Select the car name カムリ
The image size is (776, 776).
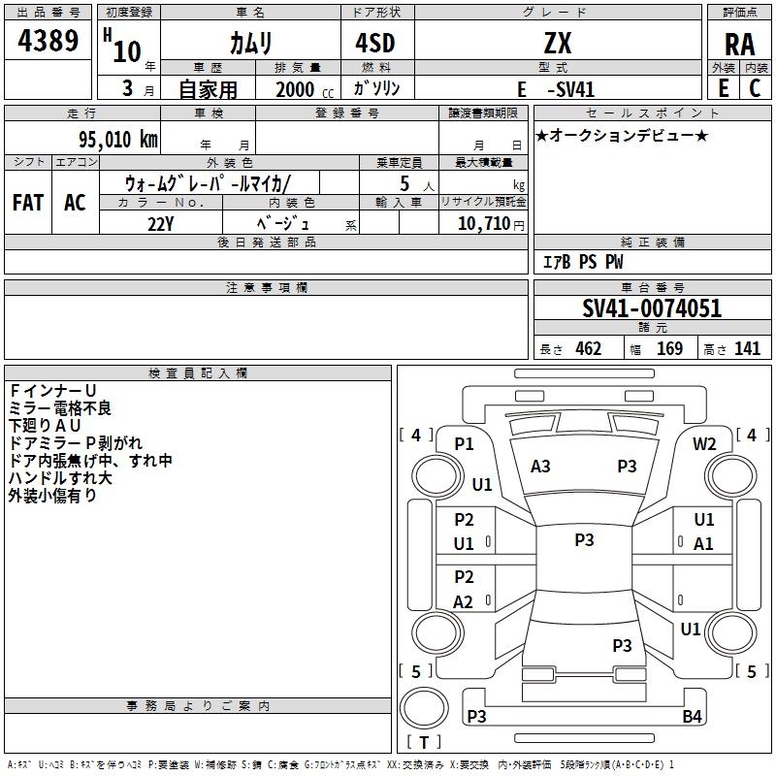[250, 43]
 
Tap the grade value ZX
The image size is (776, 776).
[557, 43]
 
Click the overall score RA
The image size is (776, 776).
[739, 44]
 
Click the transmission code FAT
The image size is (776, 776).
[27, 202]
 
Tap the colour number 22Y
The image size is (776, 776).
[160, 223]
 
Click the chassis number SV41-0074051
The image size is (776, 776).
[652, 309]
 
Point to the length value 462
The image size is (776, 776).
[588, 349]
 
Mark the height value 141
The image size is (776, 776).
[747, 349]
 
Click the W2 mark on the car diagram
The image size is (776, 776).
[704, 443]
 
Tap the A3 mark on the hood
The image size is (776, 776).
[540, 467]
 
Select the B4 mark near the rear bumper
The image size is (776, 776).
[692, 717]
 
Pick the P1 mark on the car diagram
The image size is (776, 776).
[464, 443]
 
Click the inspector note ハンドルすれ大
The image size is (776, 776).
[60, 478]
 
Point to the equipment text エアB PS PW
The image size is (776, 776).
[582, 263]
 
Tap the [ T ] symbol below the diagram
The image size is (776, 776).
[424, 743]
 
